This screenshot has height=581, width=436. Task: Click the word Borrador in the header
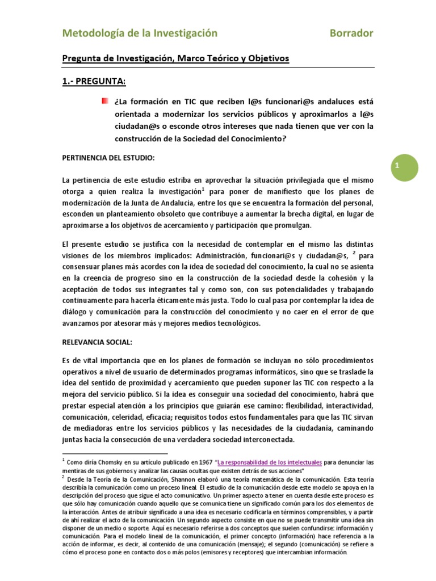point(351,33)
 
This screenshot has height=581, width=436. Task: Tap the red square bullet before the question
point(104,101)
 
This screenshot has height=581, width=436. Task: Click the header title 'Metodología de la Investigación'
point(140,33)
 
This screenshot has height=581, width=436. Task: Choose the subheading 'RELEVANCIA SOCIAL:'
point(97,342)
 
